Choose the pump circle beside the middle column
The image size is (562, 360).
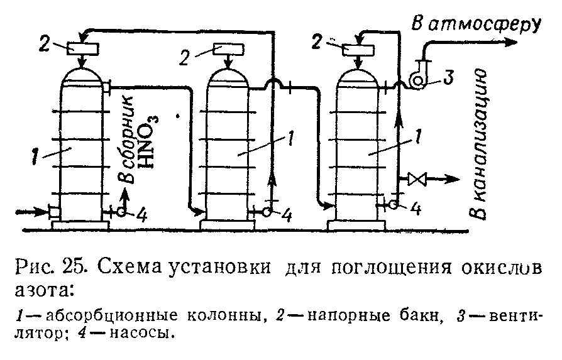tap(267, 212)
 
